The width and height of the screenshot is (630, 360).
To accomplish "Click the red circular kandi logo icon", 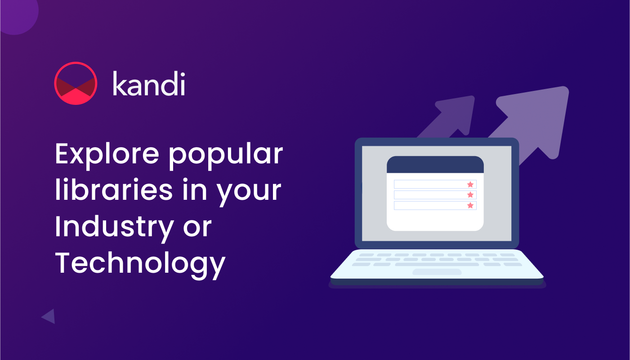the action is (x=76, y=83).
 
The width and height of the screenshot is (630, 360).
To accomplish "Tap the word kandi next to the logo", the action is (x=149, y=84).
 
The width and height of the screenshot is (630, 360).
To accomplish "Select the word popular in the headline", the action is (x=226, y=157).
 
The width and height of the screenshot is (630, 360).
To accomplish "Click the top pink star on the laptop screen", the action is (x=470, y=184).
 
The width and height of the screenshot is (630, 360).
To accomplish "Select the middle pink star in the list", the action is (x=470, y=195).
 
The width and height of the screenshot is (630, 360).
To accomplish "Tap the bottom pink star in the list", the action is (x=470, y=206).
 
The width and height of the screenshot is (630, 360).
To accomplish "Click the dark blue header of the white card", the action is (x=435, y=165).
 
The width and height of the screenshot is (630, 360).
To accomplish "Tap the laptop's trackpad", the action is (x=437, y=272).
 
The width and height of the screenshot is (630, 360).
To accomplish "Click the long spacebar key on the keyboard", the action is (x=437, y=265).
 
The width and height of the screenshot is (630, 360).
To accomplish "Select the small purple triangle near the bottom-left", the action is (x=49, y=316).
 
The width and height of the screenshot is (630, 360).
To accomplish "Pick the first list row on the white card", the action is (x=435, y=184).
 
